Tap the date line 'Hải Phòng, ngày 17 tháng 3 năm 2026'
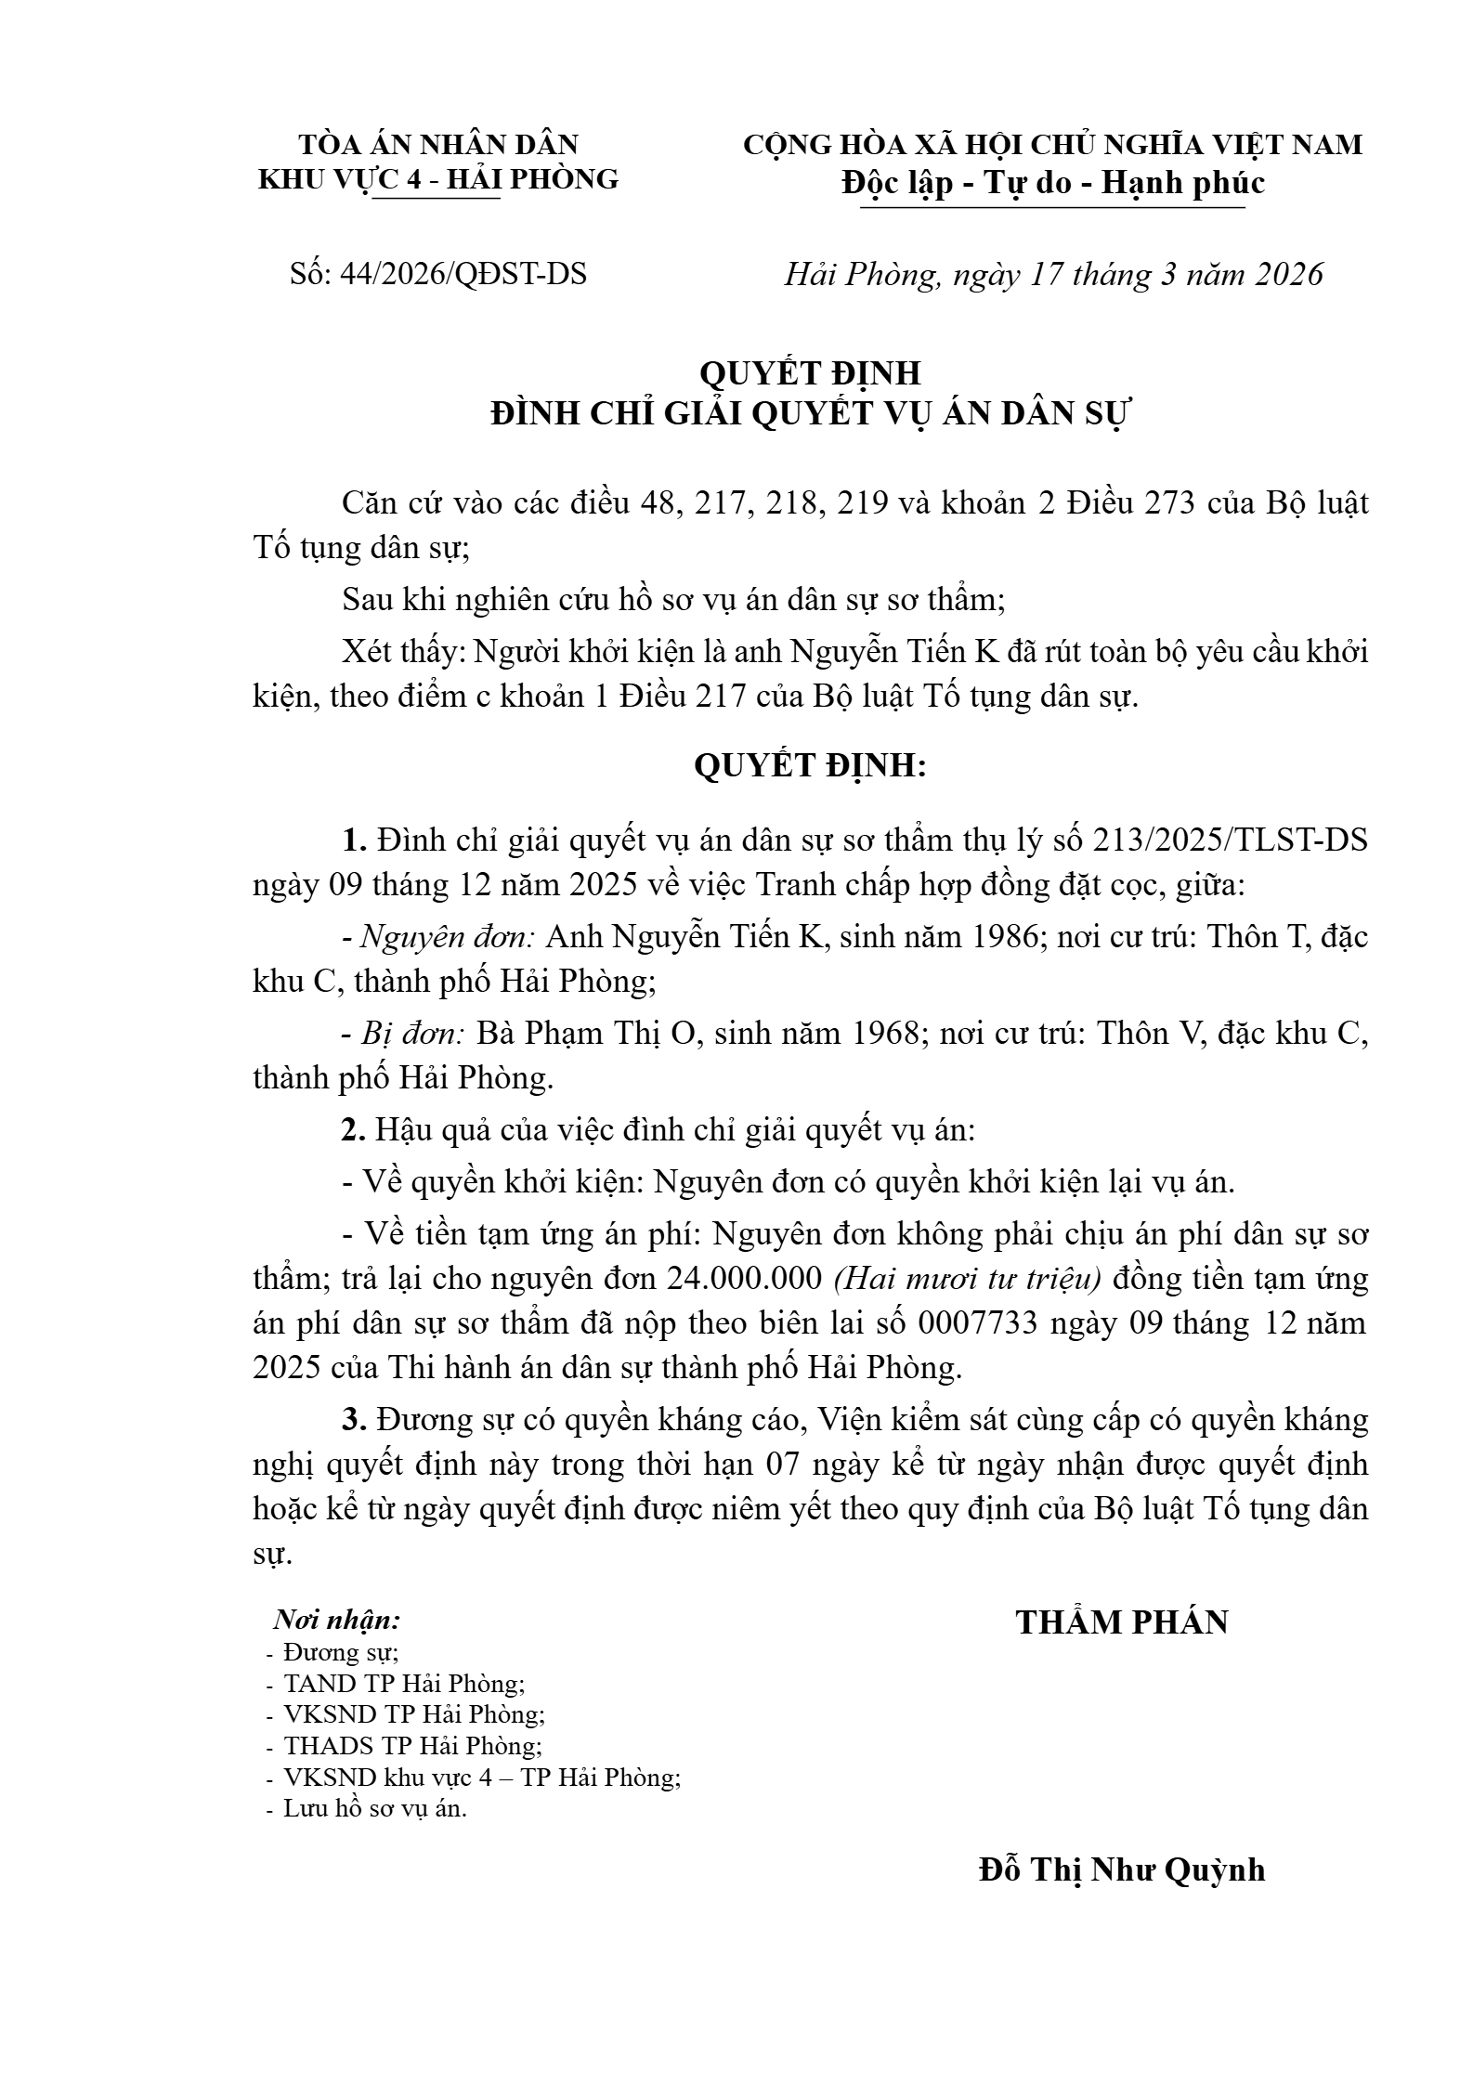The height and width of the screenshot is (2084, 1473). [1053, 274]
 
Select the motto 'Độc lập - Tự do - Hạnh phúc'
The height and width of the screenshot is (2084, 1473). [1053, 183]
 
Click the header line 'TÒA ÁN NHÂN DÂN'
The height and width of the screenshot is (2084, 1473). [437, 145]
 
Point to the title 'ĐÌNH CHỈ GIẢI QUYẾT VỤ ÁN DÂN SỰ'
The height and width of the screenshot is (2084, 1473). [809, 415]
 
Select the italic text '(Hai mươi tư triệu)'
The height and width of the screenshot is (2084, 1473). [967, 1280]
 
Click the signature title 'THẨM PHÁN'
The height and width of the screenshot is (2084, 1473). [1122, 1622]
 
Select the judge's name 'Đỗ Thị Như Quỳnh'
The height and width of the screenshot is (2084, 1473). [1122, 1869]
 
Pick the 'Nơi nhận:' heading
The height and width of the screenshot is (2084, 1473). [336, 1621]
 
